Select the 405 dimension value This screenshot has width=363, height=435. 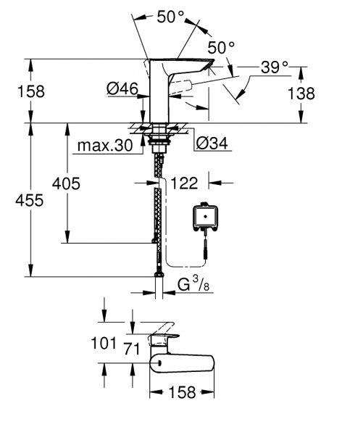[65, 183]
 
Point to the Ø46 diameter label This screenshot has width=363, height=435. [122, 88]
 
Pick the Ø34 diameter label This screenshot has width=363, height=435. [212, 144]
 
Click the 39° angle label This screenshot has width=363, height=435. [274, 67]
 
